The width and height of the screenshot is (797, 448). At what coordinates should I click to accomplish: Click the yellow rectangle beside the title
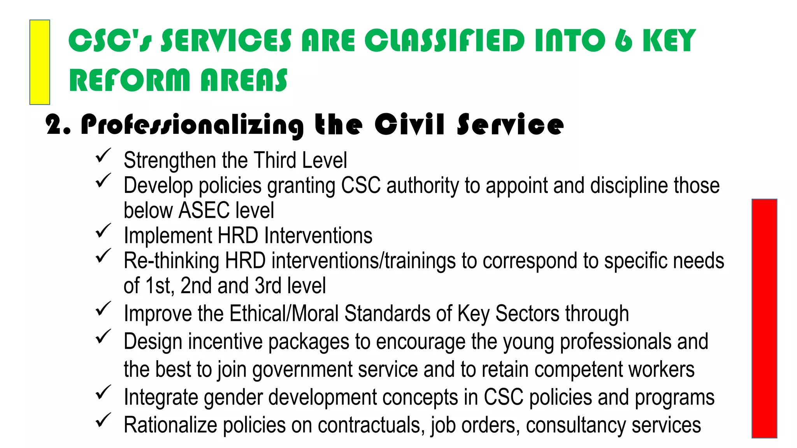click(40, 62)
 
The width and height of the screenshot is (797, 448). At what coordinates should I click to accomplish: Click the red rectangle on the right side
click(764, 318)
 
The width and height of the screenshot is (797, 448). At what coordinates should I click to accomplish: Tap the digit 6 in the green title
click(623, 40)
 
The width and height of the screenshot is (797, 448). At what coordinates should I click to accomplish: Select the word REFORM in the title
click(129, 80)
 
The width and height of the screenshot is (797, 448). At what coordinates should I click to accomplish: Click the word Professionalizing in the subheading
click(192, 125)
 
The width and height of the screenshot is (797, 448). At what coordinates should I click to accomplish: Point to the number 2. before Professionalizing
click(58, 125)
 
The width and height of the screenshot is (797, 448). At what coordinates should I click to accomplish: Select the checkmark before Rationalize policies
click(103, 420)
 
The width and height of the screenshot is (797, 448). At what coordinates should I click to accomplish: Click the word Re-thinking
click(171, 261)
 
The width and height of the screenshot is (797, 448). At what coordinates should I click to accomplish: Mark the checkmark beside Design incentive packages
click(103, 337)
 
